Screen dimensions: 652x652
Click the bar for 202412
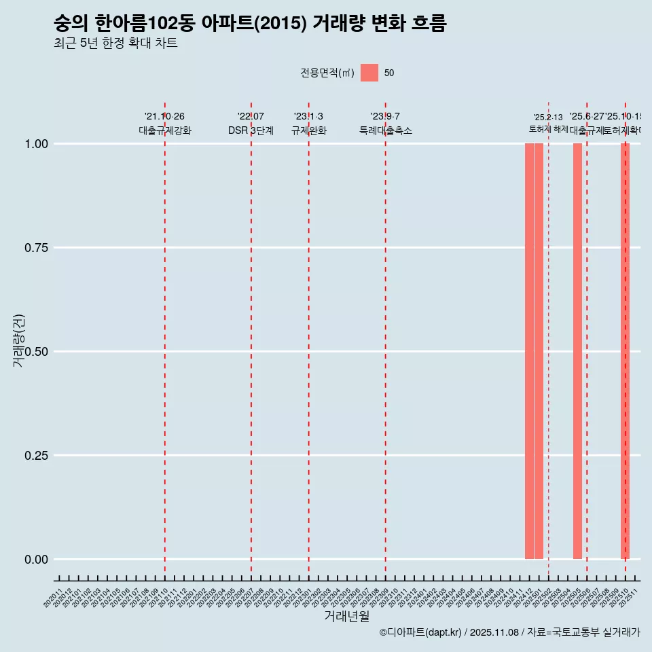point(529,351)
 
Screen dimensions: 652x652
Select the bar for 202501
point(539,351)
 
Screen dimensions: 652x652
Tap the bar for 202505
point(577,351)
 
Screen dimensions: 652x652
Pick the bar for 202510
point(625,351)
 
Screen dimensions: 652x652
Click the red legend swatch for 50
point(369,73)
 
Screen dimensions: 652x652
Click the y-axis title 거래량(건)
point(19,340)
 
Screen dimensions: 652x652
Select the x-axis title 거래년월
point(346,617)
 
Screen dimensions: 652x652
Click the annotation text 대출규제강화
point(165,130)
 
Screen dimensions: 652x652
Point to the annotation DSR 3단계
point(251,130)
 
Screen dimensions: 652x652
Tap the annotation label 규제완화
point(309,130)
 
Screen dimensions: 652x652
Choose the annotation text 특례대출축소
point(386,130)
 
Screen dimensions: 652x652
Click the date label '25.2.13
point(548,117)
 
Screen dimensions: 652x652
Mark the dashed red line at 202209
point(386,340)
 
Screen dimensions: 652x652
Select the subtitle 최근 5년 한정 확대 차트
point(115,44)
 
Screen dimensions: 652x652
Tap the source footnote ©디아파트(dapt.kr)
point(420,633)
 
